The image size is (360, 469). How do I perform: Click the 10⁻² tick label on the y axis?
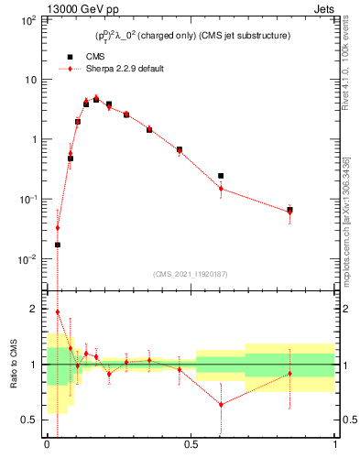[30, 259]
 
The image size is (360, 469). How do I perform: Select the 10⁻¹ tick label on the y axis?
[30, 200]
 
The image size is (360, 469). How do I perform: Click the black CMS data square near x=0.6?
[221, 176]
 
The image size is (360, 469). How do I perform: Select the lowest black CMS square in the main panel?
[58, 245]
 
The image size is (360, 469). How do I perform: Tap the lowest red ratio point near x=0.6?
[221, 404]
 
